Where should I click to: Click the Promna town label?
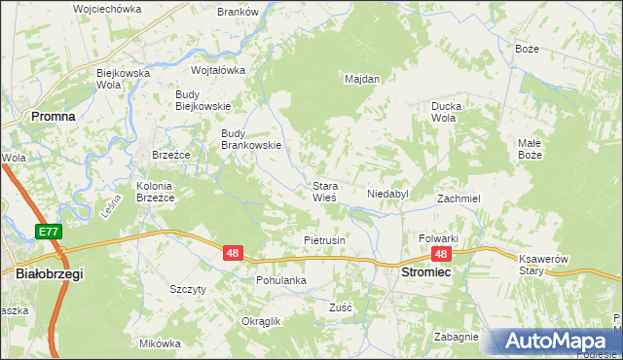pyautogui.click(x=53, y=115)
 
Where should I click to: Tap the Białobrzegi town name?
pyautogui.click(x=51, y=274)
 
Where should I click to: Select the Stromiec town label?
pyautogui.click(x=425, y=274)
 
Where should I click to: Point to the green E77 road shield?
pyautogui.click(x=49, y=232)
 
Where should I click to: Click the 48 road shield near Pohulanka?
pyautogui.click(x=233, y=253)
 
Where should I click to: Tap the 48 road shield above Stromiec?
pyautogui.click(x=441, y=254)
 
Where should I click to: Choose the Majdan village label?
pyautogui.click(x=362, y=79)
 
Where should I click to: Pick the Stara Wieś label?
pyautogui.click(x=324, y=191)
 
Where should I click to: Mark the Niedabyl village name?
pyautogui.click(x=387, y=195)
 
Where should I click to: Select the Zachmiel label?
pyautogui.click(x=458, y=198)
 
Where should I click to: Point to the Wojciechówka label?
pyautogui.click(x=107, y=9)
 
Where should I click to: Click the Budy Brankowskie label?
pyautogui.click(x=251, y=139)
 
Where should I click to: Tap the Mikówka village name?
pyautogui.click(x=161, y=343)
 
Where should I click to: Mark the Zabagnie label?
pyautogui.click(x=457, y=337)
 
